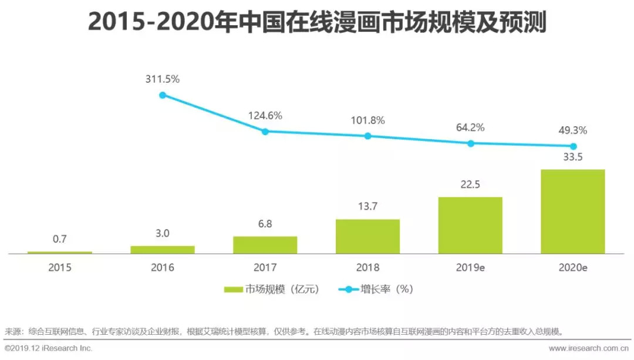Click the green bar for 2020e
pyautogui.click(x=572, y=211)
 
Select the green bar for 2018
pyautogui.click(x=367, y=236)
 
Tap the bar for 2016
pyautogui.click(x=163, y=250)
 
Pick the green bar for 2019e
pyautogui.click(x=470, y=225)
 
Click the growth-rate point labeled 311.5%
pyautogui.click(x=163, y=95)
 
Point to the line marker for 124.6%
pyautogui.click(x=265, y=132)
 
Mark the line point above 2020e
pyautogui.click(x=573, y=146)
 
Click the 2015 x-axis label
pyautogui.click(x=60, y=268)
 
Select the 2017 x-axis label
pyautogui.click(x=265, y=268)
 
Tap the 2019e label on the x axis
pyautogui.click(x=470, y=268)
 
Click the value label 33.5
pyautogui.click(x=572, y=157)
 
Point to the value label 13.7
pyautogui.click(x=367, y=207)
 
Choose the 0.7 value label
pyautogui.click(x=60, y=240)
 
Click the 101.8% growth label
pyautogui.click(x=367, y=120)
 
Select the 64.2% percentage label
pyautogui.click(x=470, y=127)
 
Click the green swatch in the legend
pyautogui.click(x=234, y=290)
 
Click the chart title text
pyautogui.click(x=317, y=23)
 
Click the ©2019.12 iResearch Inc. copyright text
pyautogui.click(x=48, y=348)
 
